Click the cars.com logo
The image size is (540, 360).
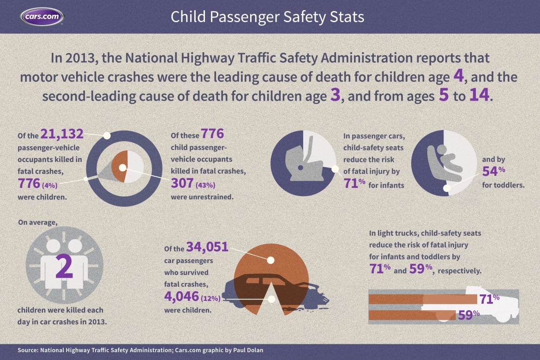(42, 17)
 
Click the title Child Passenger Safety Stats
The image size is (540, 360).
(267, 17)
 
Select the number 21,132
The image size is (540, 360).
(61, 134)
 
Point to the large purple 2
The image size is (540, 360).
(64, 267)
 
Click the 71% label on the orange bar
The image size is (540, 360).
(489, 299)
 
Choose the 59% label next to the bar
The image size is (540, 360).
(468, 315)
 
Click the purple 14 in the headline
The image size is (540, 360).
(480, 96)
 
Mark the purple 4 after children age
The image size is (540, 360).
(458, 75)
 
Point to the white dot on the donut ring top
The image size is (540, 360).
(107, 136)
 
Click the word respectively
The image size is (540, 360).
(460, 271)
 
